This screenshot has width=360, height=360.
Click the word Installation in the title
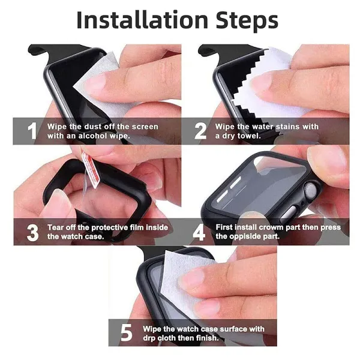click(142, 20)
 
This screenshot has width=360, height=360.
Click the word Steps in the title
click(247, 22)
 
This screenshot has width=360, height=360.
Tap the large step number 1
click(32, 131)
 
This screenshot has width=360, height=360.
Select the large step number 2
click(200, 131)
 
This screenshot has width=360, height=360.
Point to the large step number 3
click(32, 233)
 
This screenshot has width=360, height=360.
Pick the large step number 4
click(199, 232)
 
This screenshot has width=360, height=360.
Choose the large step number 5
click(126, 332)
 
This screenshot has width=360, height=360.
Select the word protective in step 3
click(106, 227)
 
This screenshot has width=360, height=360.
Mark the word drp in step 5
click(149, 338)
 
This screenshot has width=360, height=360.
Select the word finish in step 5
click(208, 338)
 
